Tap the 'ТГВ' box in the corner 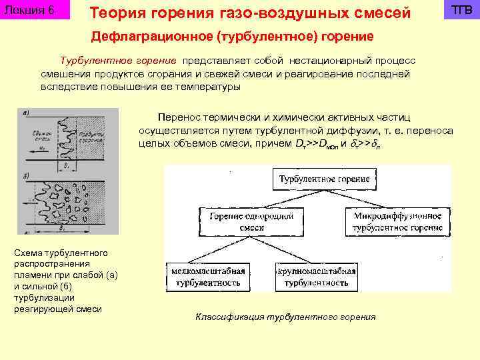point(462,11)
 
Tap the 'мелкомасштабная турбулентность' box point(207,277)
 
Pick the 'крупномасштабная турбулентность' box point(317,277)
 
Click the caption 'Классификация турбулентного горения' point(285,317)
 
